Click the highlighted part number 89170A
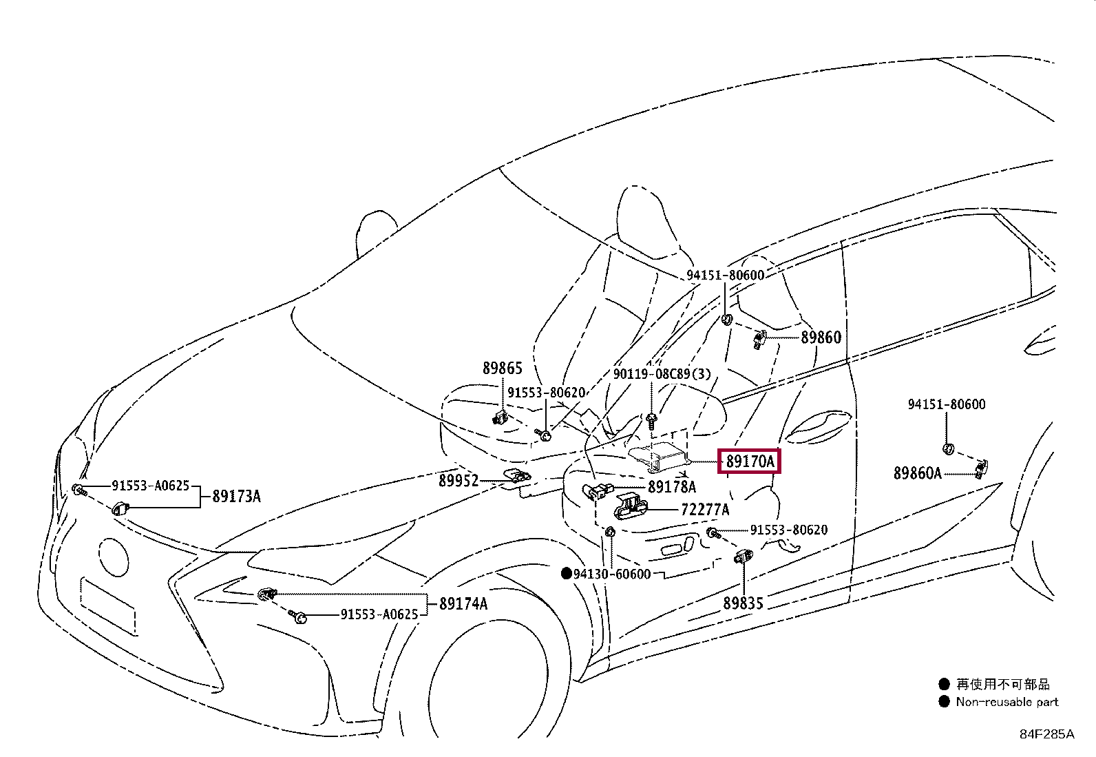click(750, 462)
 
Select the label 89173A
click(236, 496)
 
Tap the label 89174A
click(463, 604)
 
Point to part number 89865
click(503, 369)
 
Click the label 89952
click(459, 480)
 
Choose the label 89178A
click(672, 487)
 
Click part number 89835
click(743, 603)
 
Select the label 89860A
click(917, 473)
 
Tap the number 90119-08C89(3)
click(662, 374)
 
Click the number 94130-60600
click(612, 574)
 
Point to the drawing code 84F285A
click(1046, 734)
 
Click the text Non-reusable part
click(1007, 702)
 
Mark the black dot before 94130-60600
click(566, 574)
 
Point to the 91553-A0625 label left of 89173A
click(150, 486)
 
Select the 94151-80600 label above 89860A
click(946, 404)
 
